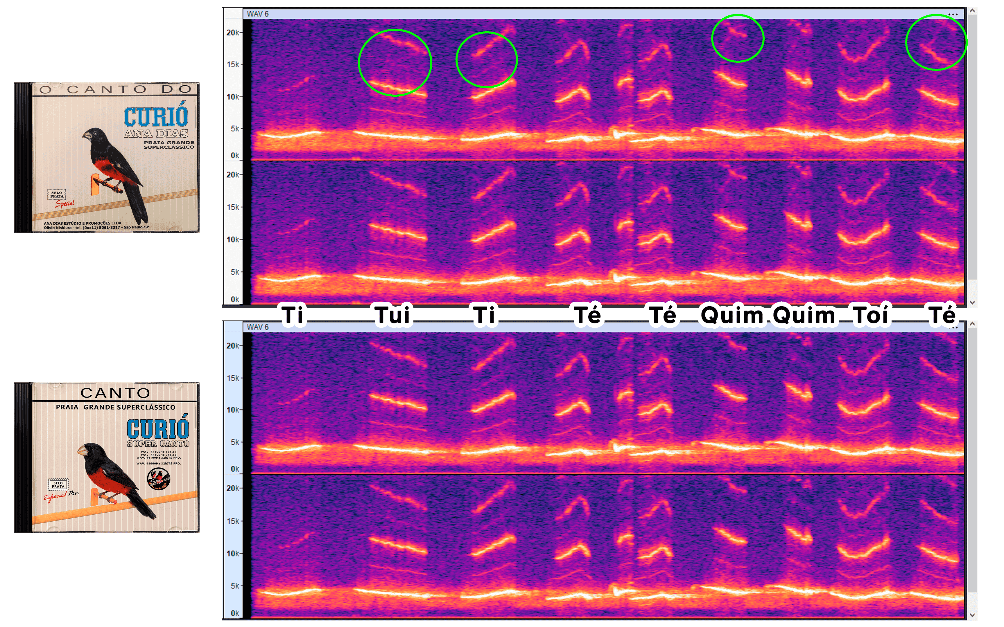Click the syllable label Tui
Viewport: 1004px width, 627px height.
tap(392, 315)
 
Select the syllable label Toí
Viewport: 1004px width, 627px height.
tap(870, 315)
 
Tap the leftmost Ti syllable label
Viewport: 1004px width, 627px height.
tap(293, 315)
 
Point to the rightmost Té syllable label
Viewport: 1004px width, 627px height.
tap(942, 315)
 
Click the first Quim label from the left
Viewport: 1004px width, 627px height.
tap(732, 315)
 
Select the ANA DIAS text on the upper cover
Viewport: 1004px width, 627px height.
tap(156, 134)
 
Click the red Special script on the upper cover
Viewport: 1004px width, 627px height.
tap(65, 203)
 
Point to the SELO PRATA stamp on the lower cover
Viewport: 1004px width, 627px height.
tap(58, 485)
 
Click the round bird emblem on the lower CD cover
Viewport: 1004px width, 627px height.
tap(159, 479)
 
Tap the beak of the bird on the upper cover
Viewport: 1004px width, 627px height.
tap(86, 135)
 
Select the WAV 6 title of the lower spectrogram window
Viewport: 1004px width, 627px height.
tap(258, 327)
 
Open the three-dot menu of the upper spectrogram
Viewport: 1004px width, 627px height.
tap(953, 15)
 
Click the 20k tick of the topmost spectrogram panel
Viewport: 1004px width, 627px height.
tap(233, 32)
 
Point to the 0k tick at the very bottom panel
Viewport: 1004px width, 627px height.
tap(235, 613)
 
